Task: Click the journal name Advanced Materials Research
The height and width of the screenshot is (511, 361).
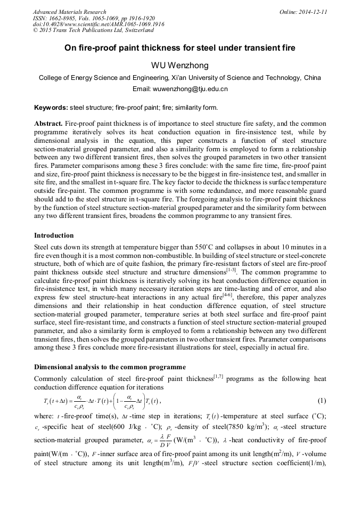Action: tap(69, 12)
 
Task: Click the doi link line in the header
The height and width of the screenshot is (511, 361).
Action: tap(99, 25)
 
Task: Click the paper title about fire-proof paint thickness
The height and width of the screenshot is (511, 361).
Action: tap(180, 48)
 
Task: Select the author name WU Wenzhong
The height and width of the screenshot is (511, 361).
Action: tap(180, 66)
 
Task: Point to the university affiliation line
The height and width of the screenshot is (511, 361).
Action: tap(180, 78)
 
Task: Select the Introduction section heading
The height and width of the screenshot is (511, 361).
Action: tap(54, 235)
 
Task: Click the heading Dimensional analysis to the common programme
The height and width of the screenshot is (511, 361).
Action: tap(110, 367)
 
